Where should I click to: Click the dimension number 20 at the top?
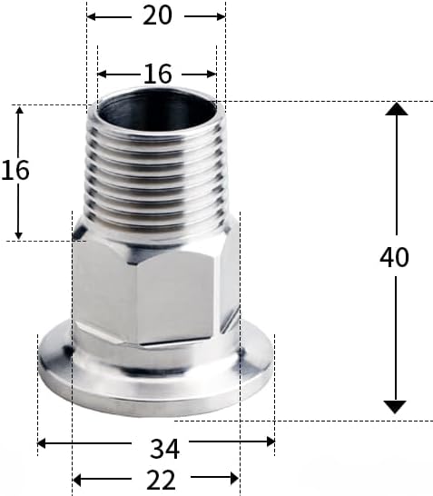157,15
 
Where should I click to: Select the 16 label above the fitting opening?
158,74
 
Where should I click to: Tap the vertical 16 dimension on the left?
15,170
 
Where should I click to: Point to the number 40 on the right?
394,257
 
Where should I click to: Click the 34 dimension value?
164,448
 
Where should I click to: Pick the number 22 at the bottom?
162,480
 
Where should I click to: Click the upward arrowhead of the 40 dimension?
397,108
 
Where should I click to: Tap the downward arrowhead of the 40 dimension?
395,407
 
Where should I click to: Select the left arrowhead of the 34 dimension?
42,443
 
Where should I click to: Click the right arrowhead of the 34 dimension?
271,441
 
